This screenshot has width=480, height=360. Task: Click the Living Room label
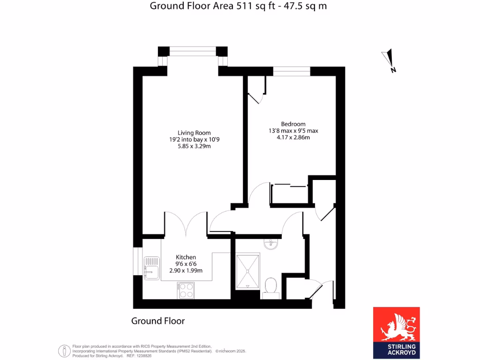(x=194, y=133)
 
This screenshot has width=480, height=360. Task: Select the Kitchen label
(x=186, y=257)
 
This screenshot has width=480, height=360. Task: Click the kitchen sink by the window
(x=150, y=267)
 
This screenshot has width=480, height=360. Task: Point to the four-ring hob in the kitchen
(x=186, y=290)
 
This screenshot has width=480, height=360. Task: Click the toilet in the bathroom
(x=270, y=286)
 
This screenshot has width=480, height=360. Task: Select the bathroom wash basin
(x=270, y=244)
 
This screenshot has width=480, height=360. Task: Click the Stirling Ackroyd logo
(x=396, y=333)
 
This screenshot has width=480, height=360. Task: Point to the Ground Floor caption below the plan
(x=158, y=321)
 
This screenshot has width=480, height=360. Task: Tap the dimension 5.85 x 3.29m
(x=194, y=146)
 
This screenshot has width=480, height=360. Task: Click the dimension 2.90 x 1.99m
(x=186, y=270)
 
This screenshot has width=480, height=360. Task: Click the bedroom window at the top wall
(x=292, y=71)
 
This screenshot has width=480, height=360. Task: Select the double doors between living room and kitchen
(x=186, y=224)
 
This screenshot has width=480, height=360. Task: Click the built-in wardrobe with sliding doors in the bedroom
(x=289, y=195)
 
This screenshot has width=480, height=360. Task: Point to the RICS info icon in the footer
(x=64, y=351)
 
